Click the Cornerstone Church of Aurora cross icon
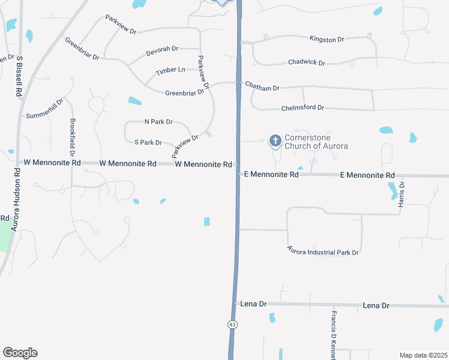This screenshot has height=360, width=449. (276, 141)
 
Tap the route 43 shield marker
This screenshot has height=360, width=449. (232, 324)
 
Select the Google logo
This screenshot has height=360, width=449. (20, 353)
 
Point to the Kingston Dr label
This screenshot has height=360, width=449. (327, 40)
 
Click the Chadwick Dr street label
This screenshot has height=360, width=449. (306, 62)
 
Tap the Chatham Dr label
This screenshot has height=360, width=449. (262, 88)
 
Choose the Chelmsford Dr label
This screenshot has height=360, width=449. (303, 108)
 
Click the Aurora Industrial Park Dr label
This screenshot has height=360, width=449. (322, 251)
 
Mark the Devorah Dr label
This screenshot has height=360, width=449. (162, 51)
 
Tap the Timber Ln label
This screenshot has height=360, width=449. (170, 71)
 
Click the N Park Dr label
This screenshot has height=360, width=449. (158, 122)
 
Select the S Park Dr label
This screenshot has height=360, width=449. (148, 143)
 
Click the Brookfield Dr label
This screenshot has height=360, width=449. (72, 139)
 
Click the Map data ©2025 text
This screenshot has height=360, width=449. (423, 355)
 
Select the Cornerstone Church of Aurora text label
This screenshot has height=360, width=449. (316, 142)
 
